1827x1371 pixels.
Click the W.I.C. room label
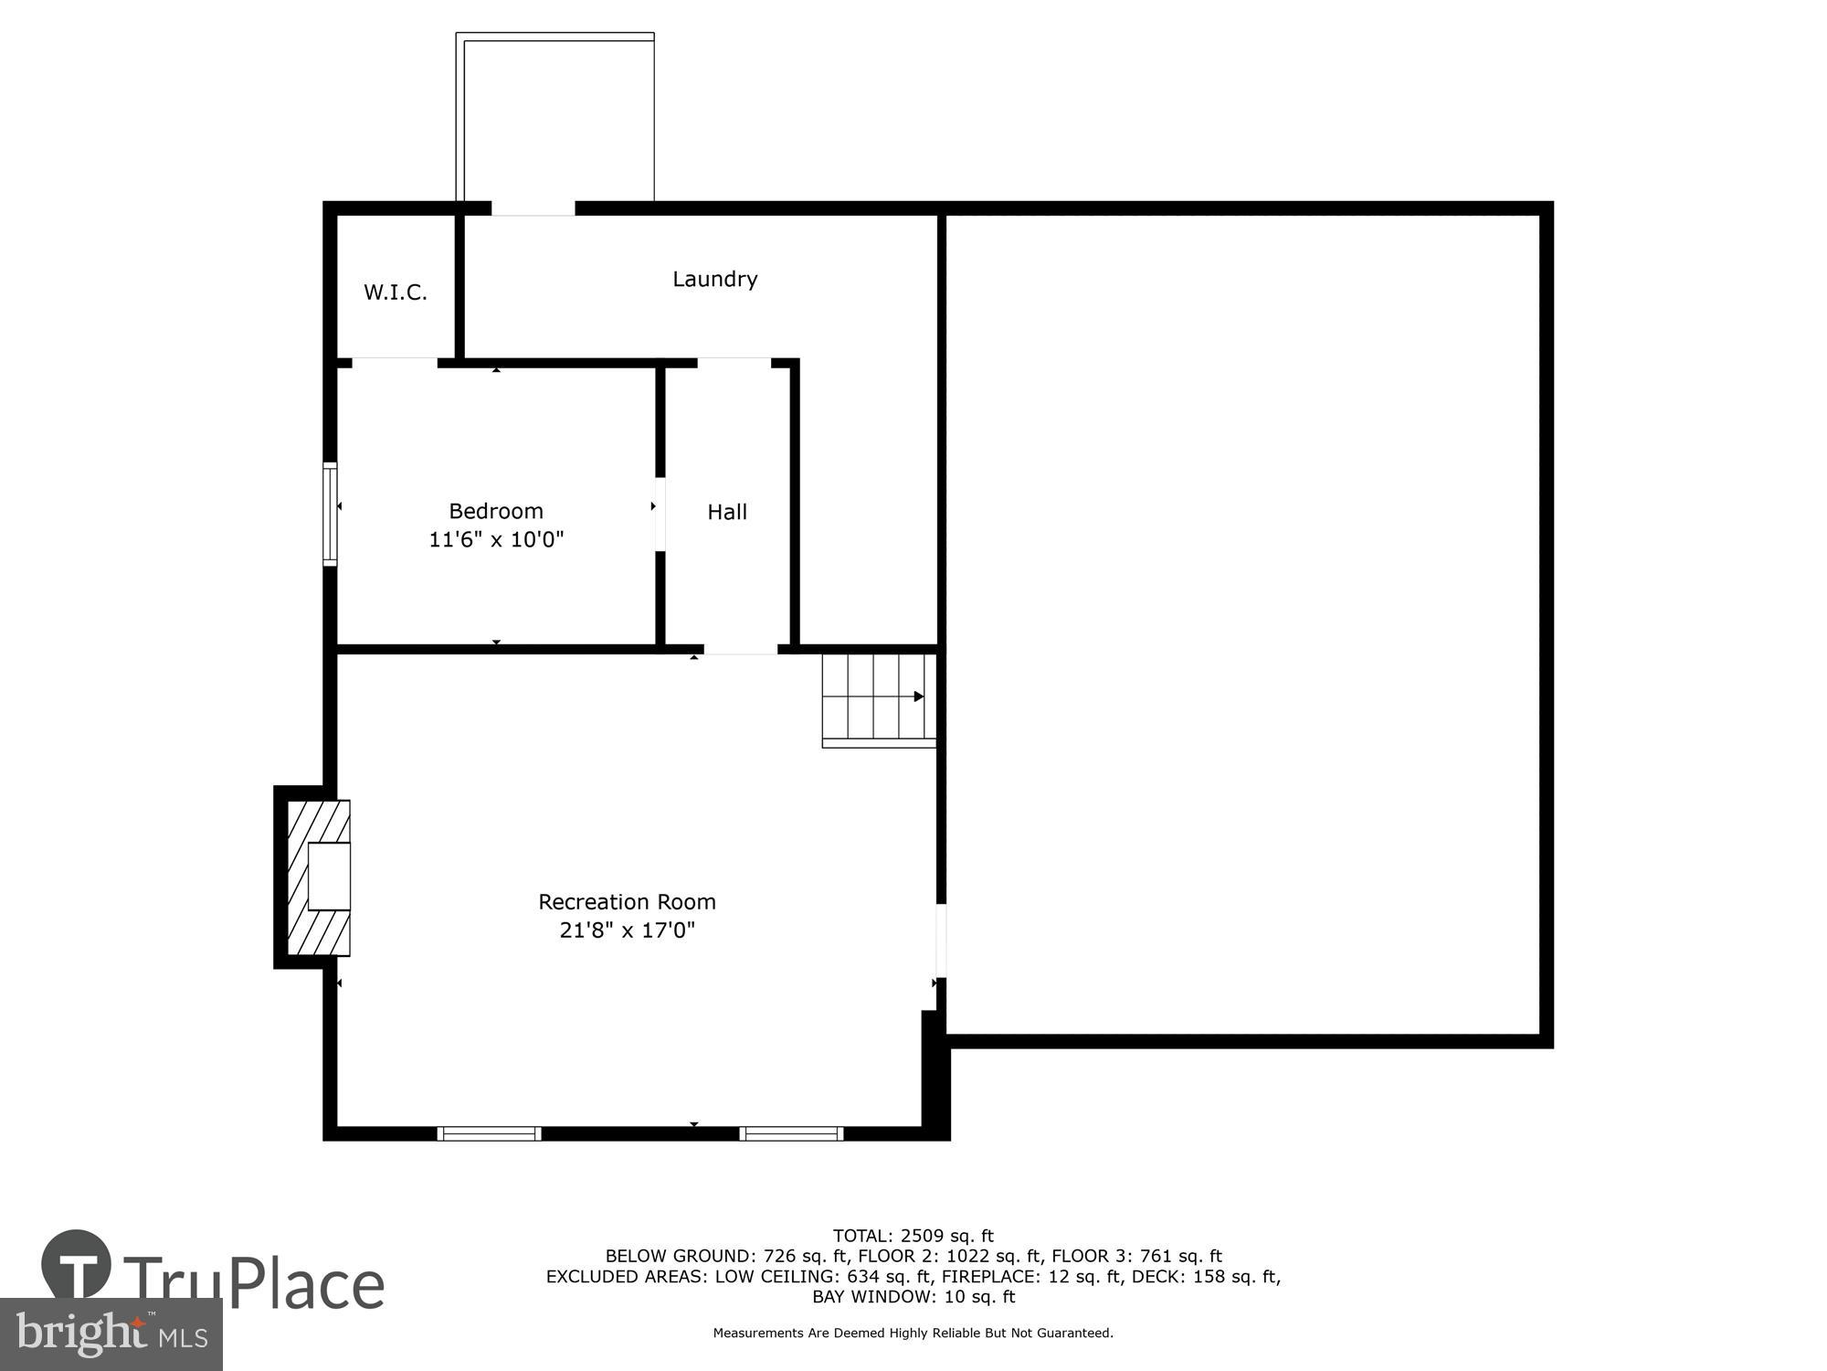[x=395, y=292]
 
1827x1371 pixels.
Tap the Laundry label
[x=714, y=279]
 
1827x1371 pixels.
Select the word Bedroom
[x=495, y=511]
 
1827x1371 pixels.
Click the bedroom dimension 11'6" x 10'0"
[x=495, y=539]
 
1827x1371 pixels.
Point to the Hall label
[x=727, y=512]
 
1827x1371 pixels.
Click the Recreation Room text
[x=627, y=902]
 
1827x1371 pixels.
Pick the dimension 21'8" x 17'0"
[x=627, y=930]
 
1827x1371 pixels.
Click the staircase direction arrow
[x=918, y=696]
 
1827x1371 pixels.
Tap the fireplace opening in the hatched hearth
[x=329, y=877]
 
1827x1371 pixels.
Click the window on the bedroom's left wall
[x=330, y=515]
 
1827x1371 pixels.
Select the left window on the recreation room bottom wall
[x=490, y=1133]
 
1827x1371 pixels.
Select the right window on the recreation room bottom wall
[x=791, y=1133]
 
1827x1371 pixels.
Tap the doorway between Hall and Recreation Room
[x=740, y=649]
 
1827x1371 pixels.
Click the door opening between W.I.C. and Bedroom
[x=395, y=363]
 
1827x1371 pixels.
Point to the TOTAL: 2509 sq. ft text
[x=913, y=1237]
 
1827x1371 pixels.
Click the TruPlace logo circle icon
[x=77, y=1265]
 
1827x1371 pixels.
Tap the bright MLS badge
[x=111, y=1334]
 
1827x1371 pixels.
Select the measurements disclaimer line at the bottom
[x=913, y=1334]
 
